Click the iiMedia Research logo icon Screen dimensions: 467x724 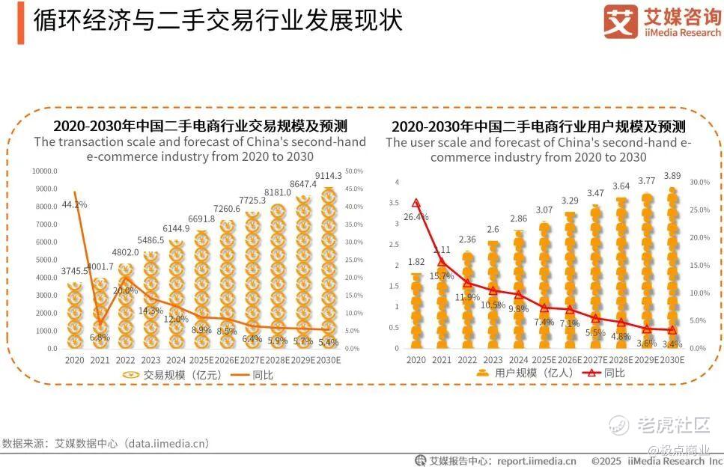click(620, 21)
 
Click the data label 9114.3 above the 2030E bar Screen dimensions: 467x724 click(328, 175)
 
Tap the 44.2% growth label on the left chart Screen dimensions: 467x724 click(75, 204)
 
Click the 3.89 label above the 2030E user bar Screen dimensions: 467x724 click(672, 175)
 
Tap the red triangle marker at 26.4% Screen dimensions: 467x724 click(416, 203)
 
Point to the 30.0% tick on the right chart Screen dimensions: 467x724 click(699, 183)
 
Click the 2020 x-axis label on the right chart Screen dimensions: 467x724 click(416, 360)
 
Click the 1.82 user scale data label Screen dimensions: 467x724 click(416, 262)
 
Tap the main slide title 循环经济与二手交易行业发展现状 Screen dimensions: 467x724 click(218, 19)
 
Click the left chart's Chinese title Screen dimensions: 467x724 click(200, 126)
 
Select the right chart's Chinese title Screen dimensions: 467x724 click(538, 126)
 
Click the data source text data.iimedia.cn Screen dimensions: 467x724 click(166, 443)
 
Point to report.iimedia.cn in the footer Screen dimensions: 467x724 click(537, 460)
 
